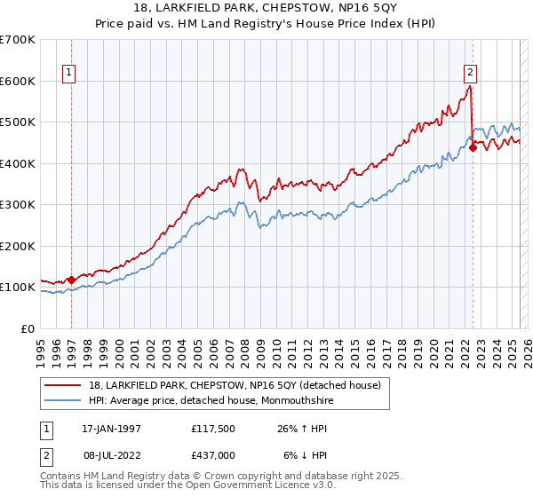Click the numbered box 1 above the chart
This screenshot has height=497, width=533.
(x=69, y=74)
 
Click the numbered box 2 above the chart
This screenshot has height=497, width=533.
(x=470, y=74)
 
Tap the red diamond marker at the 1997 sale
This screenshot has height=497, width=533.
(x=71, y=280)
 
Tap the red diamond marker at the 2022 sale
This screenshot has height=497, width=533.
(x=473, y=148)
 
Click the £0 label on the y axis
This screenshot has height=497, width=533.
(x=28, y=328)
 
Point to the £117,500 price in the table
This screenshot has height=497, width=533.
(x=214, y=428)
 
